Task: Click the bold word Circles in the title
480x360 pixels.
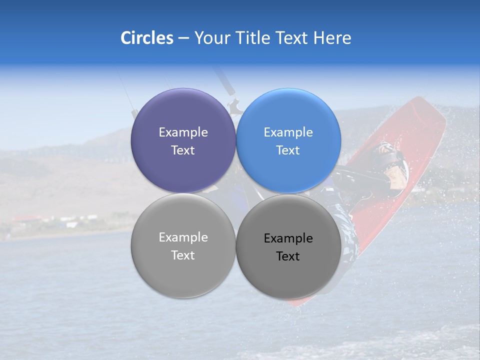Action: (147, 37)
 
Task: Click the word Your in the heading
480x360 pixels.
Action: (210, 37)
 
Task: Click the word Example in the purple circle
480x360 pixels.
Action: (183, 132)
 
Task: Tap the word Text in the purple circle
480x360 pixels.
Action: (183, 150)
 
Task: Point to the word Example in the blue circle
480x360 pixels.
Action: (288, 132)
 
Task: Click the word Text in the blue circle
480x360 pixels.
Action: (288, 150)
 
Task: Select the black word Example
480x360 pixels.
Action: (288, 238)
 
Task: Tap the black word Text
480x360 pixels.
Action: (288, 256)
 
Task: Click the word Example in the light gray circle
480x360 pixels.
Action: (183, 237)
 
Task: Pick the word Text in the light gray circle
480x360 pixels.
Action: (183, 255)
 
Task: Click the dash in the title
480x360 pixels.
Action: (183, 38)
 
